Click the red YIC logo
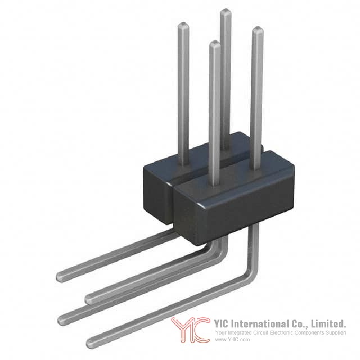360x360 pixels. point(191,330)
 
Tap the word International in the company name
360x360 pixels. point(260,324)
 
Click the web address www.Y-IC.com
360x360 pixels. point(232,340)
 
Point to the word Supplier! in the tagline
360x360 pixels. point(337,332)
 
